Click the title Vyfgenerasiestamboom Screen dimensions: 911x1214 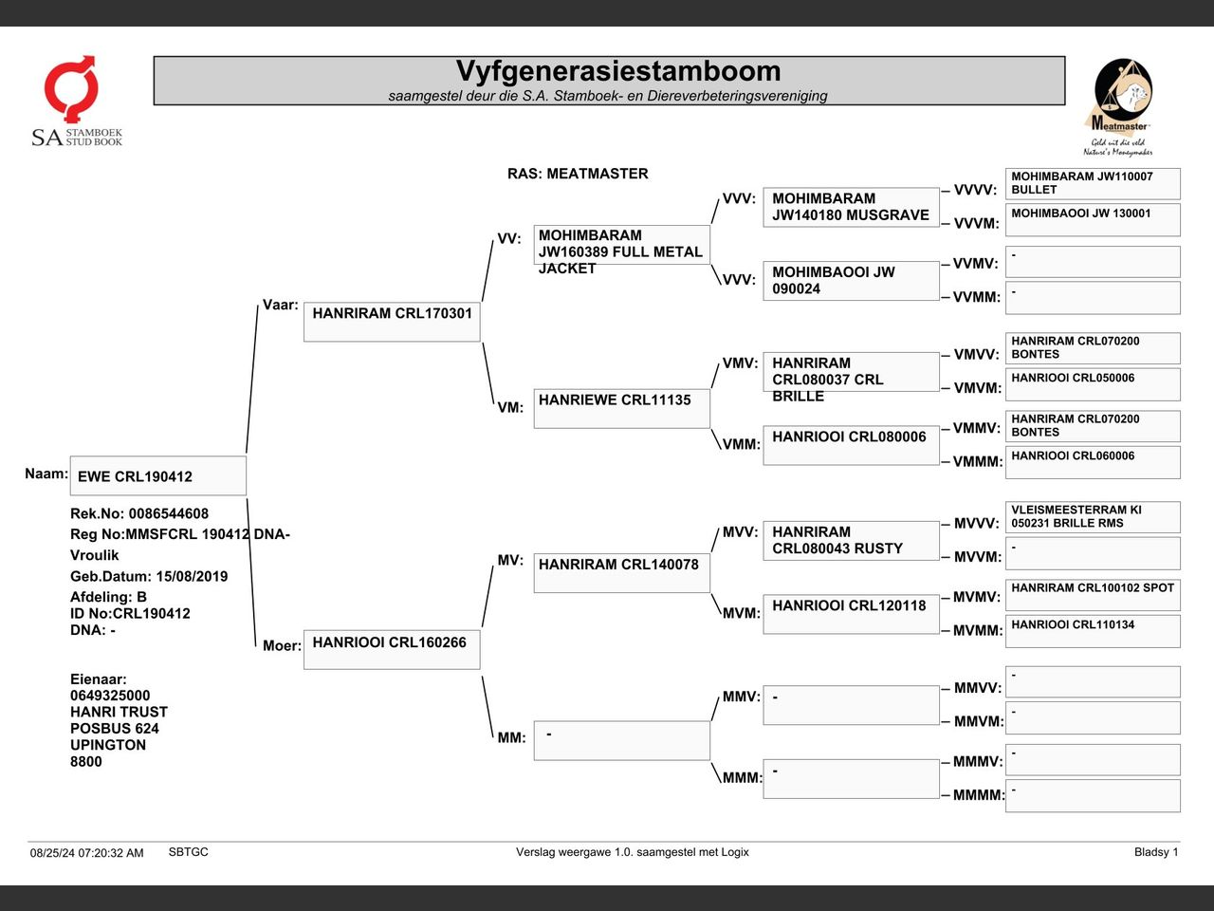click(x=617, y=72)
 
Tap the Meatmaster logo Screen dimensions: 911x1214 click(x=1119, y=107)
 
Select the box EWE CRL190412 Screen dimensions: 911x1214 click(x=157, y=476)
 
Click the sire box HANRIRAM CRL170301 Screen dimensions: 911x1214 click(x=392, y=322)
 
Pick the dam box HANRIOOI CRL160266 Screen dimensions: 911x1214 click(x=392, y=649)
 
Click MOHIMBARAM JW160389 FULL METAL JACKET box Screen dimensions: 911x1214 click(x=621, y=245)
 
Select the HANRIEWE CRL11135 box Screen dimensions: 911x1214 click(x=621, y=408)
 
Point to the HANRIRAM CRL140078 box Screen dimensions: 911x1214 click(x=621, y=572)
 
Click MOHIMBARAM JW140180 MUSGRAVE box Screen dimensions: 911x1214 click(x=851, y=207)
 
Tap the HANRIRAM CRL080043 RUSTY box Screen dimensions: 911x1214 click(x=851, y=540)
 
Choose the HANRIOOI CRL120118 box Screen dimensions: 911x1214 click(x=851, y=613)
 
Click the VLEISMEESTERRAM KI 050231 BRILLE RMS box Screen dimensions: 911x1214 click(x=1093, y=517)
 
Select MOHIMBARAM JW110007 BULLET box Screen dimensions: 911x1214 click(x=1093, y=183)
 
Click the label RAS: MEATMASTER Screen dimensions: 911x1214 click(x=578, y=174)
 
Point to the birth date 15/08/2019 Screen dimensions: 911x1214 click(x=193, y=576)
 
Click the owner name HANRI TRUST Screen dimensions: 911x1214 click(x=119, y=712)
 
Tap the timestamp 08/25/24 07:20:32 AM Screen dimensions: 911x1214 click(x=86, y=852)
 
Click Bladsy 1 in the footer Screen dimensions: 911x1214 click(x=1155, y=852)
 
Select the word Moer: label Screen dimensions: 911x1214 click(x=282, y=646)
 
